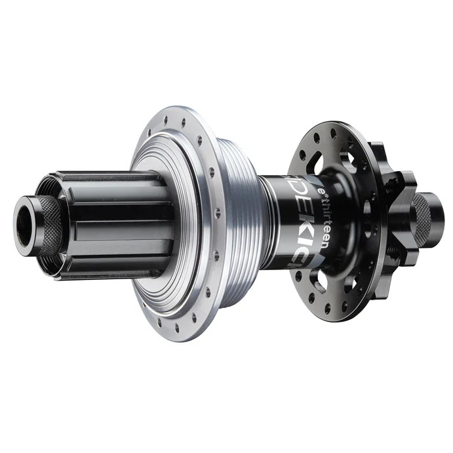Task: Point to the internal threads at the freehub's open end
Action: coord(46,190)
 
